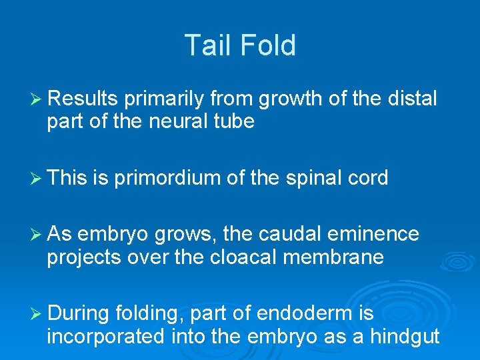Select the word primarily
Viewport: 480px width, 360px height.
[163, 99]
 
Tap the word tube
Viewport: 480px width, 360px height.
[234, 123]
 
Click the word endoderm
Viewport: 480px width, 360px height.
[291, 313]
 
